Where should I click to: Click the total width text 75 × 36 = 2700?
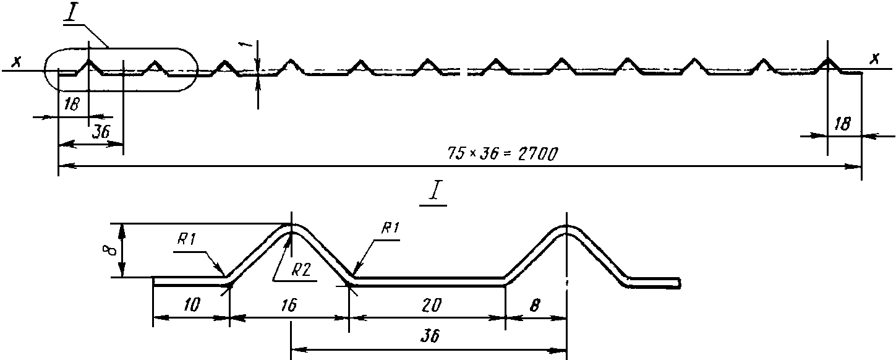pyautogui.click(x=502, y=153)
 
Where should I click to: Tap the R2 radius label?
pyautogui.click(x=301, y=271)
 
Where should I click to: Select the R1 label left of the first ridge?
pyautogui.click(x=187, y=239)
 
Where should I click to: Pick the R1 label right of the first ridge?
pyautogui.click(x=390, y=228)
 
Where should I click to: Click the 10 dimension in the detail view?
pyautogui.click(x=192, y=306)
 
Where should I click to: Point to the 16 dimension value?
pyautogui.click(x=289, y=306)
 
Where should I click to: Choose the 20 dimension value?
pyautogui.click(x=432, y=306)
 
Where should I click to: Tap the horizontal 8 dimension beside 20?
pyautogui.click(x=535, y=306)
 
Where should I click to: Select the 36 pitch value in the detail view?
pyautogui.click(x=430, y=335)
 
